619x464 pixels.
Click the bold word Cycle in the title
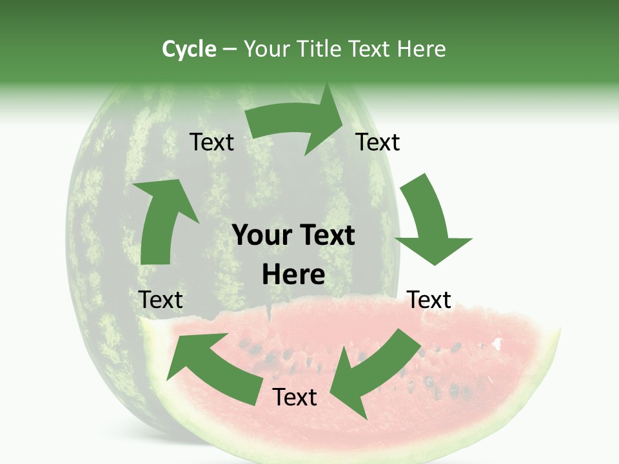point(189,49)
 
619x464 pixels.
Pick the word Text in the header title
point(371,49)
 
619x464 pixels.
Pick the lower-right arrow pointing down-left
point(371,374)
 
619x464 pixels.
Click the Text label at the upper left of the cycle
point(211,142)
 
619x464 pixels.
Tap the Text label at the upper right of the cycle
point(378,142)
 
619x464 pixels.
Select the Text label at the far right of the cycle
point(429,300)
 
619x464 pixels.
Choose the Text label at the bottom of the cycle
point(295,397)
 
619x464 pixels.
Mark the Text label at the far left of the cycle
point(161,300)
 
